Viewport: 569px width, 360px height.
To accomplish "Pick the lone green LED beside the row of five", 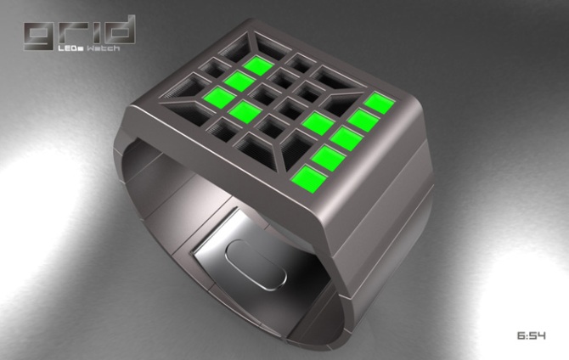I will point(316,123).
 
